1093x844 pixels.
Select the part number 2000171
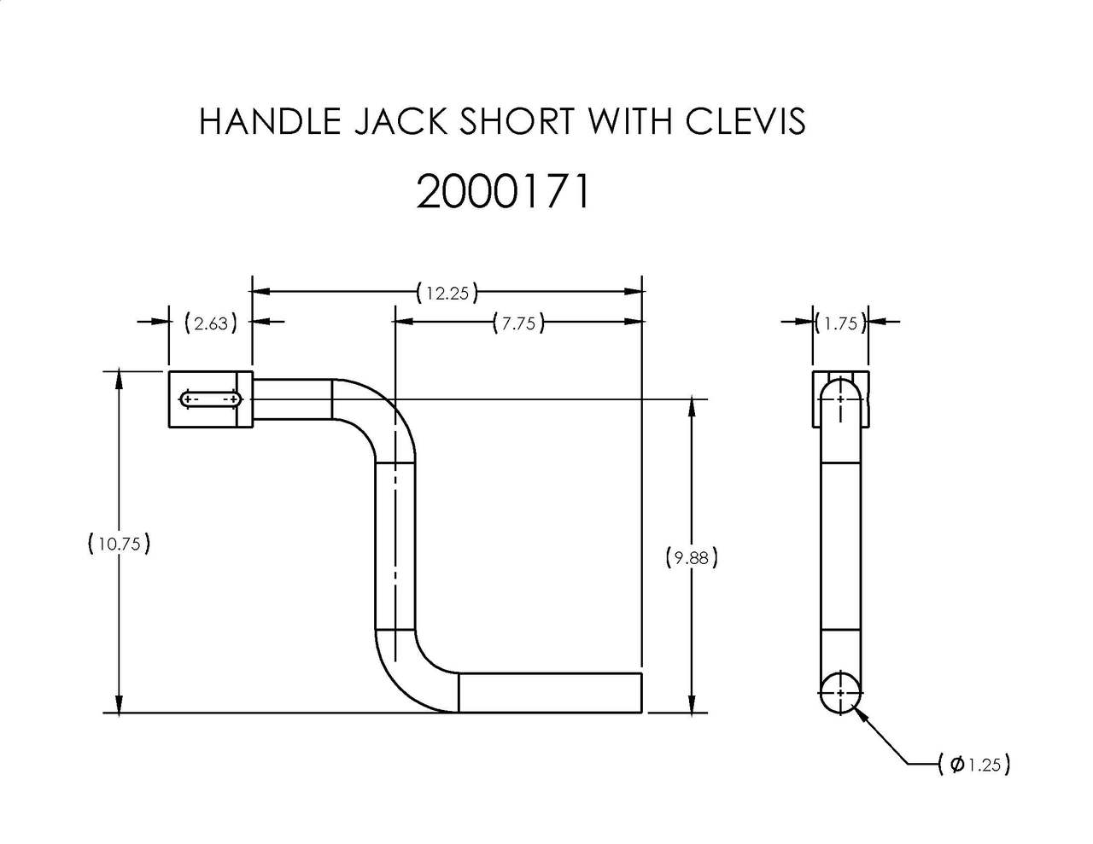503,192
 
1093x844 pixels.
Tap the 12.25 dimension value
447,293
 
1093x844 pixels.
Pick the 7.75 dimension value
518,323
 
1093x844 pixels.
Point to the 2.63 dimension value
210,323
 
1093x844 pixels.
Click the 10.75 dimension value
119,544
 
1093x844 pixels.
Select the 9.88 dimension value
691,558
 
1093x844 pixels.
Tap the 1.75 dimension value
840,323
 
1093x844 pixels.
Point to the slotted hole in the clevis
210,399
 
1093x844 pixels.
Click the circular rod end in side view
840,693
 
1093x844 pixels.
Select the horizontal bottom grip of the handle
550,692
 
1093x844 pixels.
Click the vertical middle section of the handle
395,546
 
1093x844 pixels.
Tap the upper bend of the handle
376,418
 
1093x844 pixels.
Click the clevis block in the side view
840,399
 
